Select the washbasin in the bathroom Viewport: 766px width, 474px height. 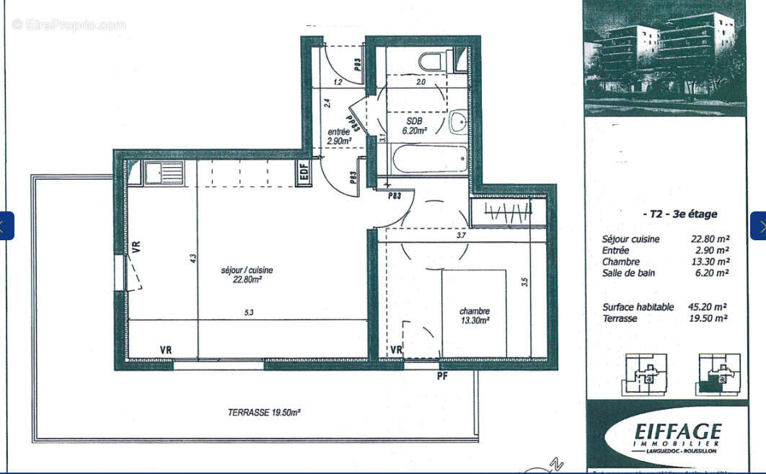coord(459,123)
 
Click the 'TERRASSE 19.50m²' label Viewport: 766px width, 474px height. coord(264,413)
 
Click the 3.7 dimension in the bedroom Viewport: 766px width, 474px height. coord(462,235)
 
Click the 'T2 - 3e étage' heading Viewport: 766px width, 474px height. coord(679,214)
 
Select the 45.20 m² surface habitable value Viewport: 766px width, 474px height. coord(710,307)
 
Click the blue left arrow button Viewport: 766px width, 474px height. coord(6,226)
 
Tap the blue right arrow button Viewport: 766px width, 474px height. coord(758,226)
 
